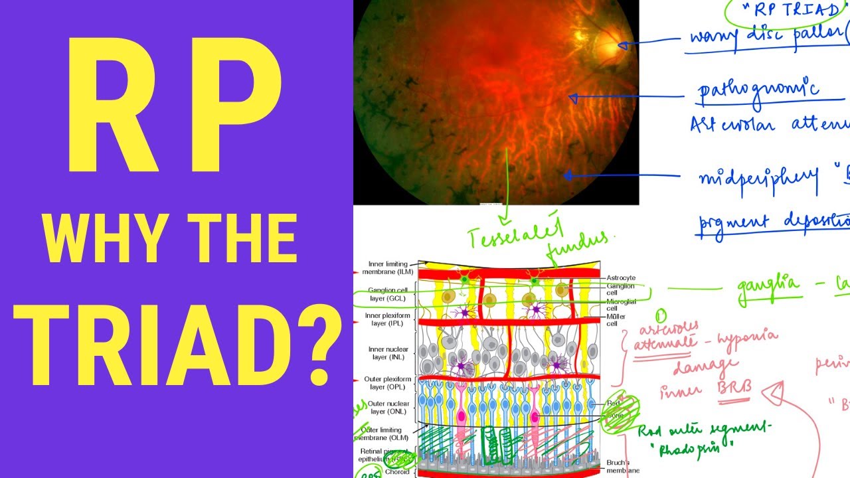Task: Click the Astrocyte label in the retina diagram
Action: click(x=621, y=277)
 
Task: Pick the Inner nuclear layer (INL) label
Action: click(x=389, y=353)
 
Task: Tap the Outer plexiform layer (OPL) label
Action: click(x=389, y=382)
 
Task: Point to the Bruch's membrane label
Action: click(x=623, y=466)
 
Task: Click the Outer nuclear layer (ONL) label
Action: click(x=389, y=407)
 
